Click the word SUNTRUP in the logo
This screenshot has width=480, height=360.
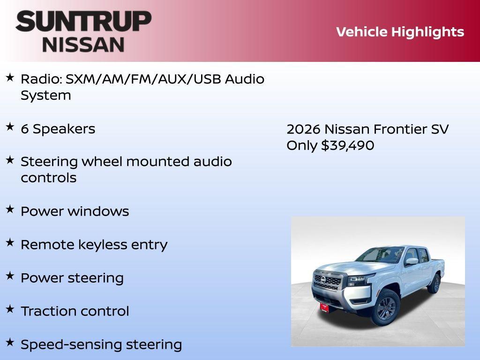(x=83, y=22)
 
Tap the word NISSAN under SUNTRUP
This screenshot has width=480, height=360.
(x=83, y=45)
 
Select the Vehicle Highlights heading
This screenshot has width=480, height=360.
(x=400, y=32)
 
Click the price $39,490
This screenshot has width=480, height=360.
(x=347, y=145)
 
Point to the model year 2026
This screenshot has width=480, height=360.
(x=303, y=129)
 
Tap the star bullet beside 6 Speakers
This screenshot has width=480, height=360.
(x=10, y=127)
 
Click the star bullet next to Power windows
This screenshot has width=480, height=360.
(x=10, y=210)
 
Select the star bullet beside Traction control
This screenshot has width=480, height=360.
(x=10, y=309)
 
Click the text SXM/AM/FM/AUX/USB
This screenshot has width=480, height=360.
(x=143, y=79)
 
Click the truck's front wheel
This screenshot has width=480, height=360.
(x=386, y=307)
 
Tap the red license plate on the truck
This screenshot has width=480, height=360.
(x=324, y=307)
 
